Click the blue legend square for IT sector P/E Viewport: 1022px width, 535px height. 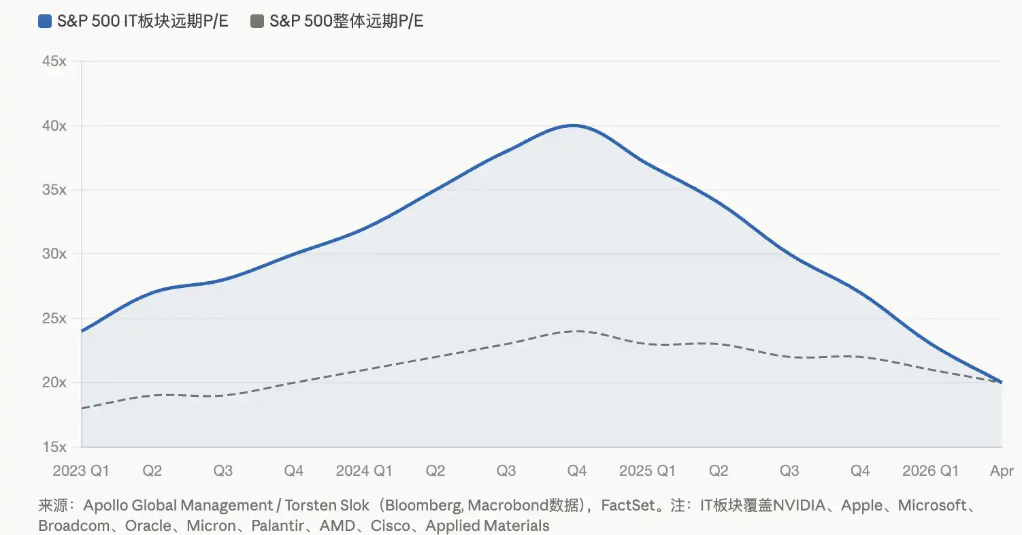pos(46,22)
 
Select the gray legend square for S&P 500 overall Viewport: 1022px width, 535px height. pos(257,22)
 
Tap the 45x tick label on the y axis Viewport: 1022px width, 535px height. pos(54,61)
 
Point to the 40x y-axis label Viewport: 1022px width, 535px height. pos(54,126)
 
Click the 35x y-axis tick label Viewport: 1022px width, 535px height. pos(54,190)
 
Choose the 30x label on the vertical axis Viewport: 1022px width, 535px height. pos(54,254)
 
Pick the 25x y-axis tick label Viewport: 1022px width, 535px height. pos(54,319)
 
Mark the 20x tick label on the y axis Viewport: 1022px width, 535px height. pos(54,383)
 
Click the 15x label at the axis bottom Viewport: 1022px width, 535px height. pos(54,447)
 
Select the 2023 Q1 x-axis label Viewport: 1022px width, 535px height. pos(81,471)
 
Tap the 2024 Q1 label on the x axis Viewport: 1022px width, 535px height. pos(364,471)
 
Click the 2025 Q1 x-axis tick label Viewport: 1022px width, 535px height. pos(647,471)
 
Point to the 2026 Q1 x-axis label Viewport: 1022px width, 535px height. pos(930,471)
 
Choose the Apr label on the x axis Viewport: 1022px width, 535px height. pos(1002,471)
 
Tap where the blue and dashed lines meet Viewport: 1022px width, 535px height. pos(1001,382)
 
